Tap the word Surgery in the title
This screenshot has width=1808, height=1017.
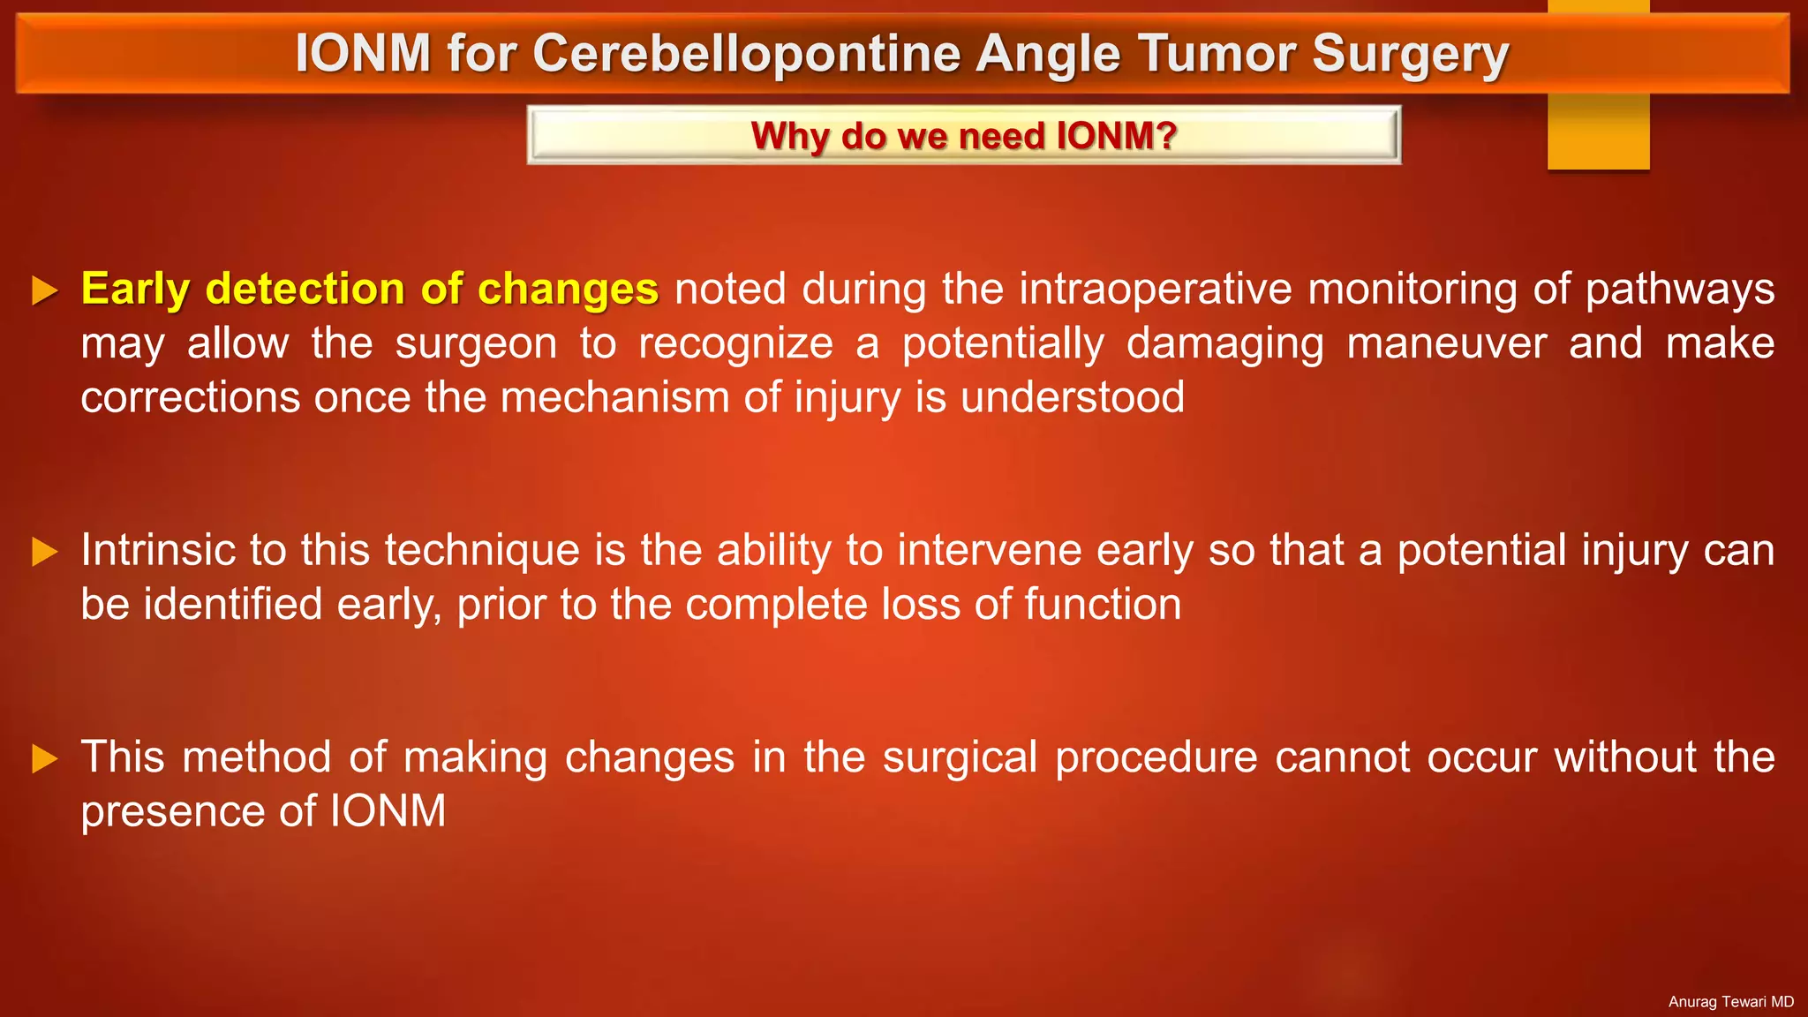1410,53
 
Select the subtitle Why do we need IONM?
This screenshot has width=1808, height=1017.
963,136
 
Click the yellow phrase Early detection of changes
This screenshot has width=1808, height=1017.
369,289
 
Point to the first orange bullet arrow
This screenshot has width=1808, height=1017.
44,290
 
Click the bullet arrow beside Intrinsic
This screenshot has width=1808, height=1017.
44,552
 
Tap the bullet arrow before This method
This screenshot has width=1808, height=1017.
44,758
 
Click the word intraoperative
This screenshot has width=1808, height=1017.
1156,289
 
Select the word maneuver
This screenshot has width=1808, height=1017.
1446,343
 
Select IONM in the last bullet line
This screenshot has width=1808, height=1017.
388,811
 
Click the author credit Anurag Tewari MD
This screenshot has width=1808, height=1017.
1730,1002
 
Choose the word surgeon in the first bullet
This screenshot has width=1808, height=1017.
476,343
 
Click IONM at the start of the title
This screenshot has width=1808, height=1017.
363,53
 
